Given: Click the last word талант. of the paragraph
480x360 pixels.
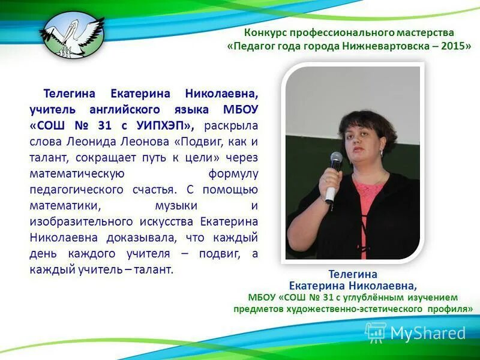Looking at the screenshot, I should pos(154,270).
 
